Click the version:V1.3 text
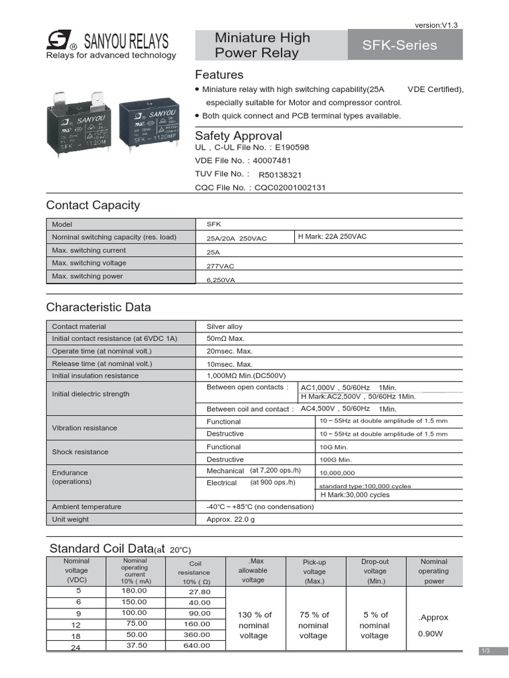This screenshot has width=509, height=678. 436,24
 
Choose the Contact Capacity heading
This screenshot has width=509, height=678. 93,205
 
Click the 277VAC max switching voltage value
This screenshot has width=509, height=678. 221,266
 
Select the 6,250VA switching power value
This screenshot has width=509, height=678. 221,280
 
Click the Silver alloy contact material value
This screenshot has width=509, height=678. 225,326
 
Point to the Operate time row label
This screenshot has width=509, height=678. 102,351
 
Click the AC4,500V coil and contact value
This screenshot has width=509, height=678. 335,409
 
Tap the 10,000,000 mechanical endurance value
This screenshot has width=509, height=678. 337,473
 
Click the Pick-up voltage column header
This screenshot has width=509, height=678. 314,571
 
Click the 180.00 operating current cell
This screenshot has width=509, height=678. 134,590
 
